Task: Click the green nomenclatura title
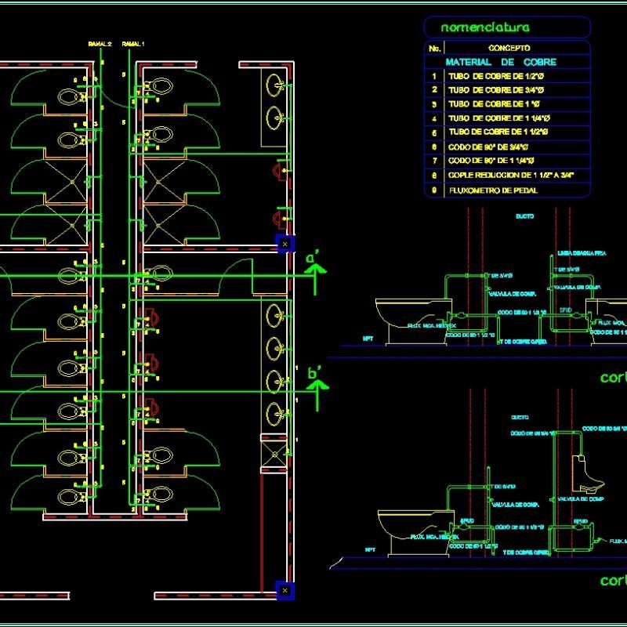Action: tap(485, 27)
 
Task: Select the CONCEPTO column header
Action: tap(509, 48)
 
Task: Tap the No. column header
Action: tap(434, 48)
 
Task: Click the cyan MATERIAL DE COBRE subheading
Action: tap(501, 62)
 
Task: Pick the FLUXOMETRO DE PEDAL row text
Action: tap(493, 190)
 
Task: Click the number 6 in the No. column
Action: tap(433, 147)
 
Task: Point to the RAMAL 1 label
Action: tap(133, 45)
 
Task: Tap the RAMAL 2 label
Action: tap(100, 45)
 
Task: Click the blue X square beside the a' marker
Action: tap(285, 244)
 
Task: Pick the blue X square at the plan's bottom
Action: tap(285, 589)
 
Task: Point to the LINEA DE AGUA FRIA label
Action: tap(575, 254)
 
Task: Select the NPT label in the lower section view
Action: tap(370, 550)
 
